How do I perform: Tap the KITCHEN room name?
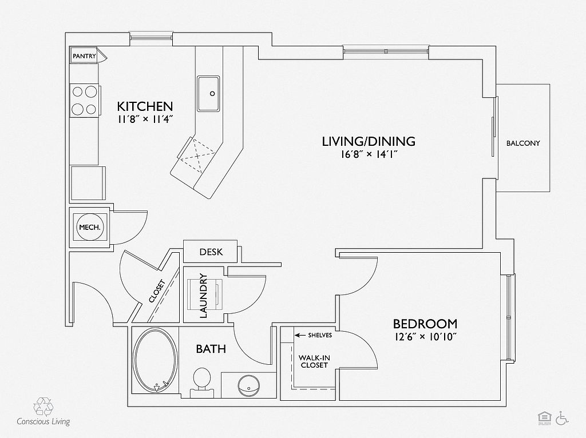click(x=145, y=106)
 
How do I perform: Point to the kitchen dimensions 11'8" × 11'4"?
click(x=145, y=119)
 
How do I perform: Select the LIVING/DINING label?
click(x=368, y=141)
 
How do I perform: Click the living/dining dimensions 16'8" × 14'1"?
click(x=368, y=154)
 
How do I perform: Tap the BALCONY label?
click(x=523, y=144)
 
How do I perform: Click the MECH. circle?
click(x=90, y=228)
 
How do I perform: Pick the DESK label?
click(x=211, y=252)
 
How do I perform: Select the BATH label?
click(x=211, y=349)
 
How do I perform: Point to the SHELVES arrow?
click(x=299, y=335)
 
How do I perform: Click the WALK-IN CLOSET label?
click(x=314, y=361)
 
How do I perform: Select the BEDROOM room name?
click(x=425, y=324)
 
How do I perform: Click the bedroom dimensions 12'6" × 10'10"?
click(x=425, y=337)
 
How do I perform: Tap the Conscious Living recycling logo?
click(x=43, y=407)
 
